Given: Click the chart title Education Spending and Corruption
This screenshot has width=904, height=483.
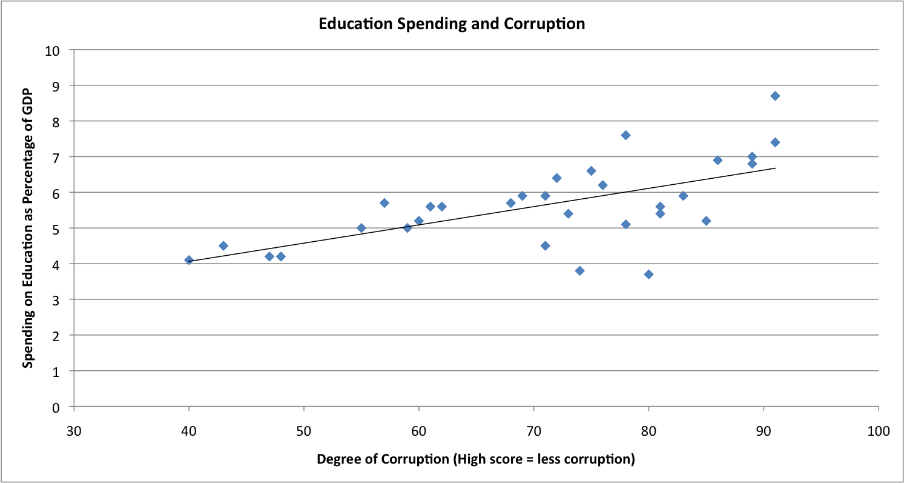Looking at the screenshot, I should coord(452,24).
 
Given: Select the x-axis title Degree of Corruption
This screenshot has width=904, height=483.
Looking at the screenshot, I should coord(475,459).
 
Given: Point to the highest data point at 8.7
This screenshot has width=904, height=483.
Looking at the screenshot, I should coord(775,96).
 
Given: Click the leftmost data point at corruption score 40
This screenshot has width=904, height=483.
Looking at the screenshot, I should coord(189,260).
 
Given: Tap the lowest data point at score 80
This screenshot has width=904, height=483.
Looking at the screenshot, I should coord(648,275).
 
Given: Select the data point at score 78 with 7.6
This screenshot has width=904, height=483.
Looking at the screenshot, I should coord(625,135).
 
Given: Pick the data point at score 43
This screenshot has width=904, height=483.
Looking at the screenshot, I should coord(223,245).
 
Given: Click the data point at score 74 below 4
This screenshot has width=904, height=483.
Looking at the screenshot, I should coord(579,271).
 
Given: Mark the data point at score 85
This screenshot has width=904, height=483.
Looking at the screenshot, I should coord(706,221).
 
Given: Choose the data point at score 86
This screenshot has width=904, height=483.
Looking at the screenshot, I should coord(718,160).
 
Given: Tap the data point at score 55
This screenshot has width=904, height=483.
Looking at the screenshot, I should coord(361,228).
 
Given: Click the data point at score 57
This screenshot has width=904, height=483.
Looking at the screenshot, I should coord(384,203).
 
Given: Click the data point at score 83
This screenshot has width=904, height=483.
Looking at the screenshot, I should coord(683,196).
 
